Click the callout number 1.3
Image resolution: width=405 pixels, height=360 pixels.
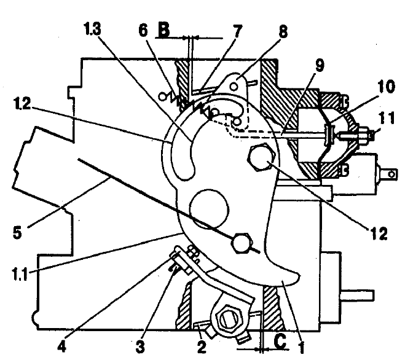(92, 29)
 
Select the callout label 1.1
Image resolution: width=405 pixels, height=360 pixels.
(20, 274)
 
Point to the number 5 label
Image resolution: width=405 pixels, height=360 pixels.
(17, 232)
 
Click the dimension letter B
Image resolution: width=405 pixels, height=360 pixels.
(163, 31)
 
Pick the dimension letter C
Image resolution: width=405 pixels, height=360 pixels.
(280, 342)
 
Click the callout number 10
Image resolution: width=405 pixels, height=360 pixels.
(386, 87)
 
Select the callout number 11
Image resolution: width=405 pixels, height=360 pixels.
(387, 118)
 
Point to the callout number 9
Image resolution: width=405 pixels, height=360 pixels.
(320, 65)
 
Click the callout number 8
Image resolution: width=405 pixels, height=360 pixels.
(283, 32)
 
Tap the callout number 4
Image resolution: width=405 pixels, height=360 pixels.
(61, 346)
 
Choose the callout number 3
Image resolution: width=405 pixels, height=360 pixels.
(140, 347)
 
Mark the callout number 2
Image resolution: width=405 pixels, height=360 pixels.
(202, 347)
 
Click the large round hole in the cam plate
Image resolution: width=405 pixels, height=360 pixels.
(209, 209)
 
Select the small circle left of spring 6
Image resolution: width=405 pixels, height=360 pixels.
(162, 96)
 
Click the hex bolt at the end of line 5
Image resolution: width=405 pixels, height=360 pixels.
(241, 242)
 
